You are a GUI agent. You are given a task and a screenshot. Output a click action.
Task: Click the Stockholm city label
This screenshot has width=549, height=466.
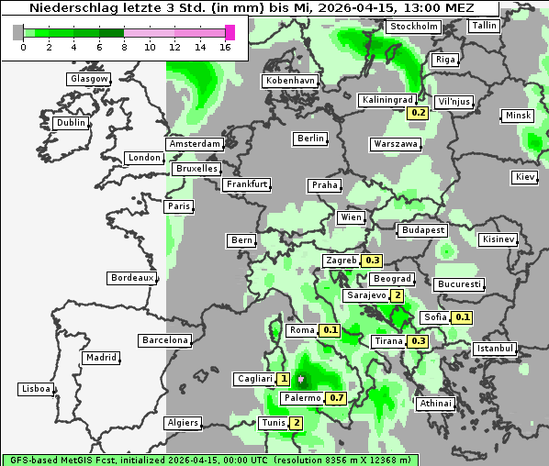click(x=412, y=27)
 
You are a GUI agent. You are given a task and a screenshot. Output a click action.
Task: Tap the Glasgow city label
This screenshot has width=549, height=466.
click(x=88, y=79)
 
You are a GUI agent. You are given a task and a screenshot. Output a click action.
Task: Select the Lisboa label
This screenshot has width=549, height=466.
click(x=35, y=389)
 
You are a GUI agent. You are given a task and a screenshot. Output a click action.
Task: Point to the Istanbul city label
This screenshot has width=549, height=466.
click(x=495, y=349)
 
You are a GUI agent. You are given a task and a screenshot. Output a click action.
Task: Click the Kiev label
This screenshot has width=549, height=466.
click(x=525, y=177)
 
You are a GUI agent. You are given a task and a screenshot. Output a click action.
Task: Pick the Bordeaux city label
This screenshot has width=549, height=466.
click(x=131, y=277)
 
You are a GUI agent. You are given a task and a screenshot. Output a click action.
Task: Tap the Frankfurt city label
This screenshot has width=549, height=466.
click(x=246, y=184)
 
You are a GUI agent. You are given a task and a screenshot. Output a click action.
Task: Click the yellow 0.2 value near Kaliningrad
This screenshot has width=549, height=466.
click(x=418, y=113)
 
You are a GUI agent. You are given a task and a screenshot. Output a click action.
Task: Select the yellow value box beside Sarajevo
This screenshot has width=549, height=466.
click(x=397, y=295)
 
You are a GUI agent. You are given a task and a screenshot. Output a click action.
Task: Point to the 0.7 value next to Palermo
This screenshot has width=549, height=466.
click(x=337, y=398)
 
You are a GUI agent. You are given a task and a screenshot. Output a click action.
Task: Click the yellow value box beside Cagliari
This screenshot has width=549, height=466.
click(x=284, y=379)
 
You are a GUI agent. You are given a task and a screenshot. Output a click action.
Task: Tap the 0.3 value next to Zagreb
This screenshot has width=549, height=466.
click(x=372, y=261)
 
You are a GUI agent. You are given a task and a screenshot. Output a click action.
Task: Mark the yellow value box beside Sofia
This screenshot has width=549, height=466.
click(x=463, y=317)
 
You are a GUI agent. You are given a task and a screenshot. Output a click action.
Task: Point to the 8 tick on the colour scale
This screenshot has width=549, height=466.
click(x=124, y=46)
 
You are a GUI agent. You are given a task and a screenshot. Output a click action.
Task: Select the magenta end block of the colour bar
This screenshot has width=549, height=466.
click(x=230, y=32)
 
